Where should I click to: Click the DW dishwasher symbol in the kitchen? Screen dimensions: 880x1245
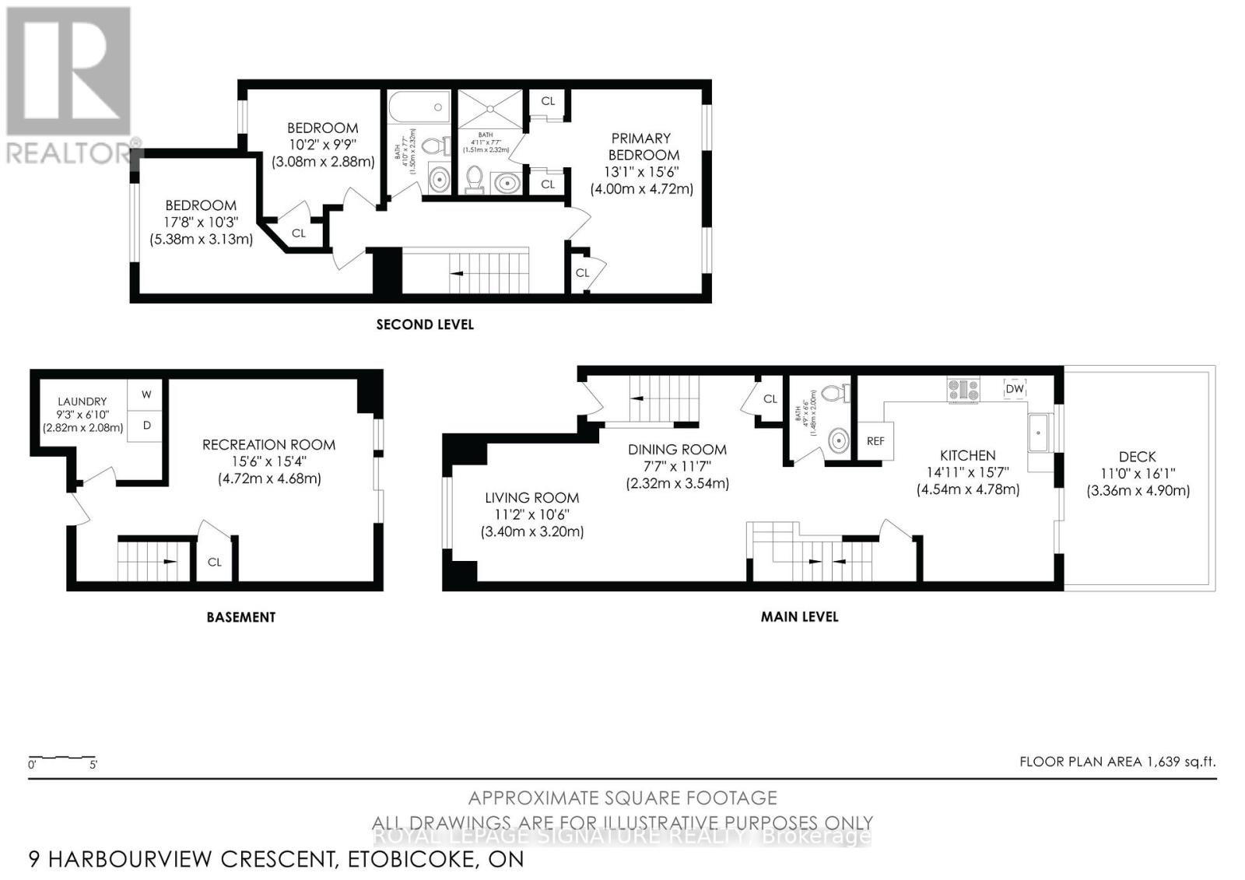click(x=1015, y=389)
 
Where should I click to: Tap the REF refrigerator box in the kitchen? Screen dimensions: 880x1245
click(x=875, y=441)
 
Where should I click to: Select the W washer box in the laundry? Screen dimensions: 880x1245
click(x=146, y=395)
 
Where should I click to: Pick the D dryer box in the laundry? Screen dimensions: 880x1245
click(x=146, y=426)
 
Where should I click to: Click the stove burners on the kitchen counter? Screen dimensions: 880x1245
click(x=963, y=389)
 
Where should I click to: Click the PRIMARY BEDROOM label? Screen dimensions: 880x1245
click(x=644, y=146)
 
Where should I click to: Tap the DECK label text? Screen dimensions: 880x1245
click(x=1137, y=457)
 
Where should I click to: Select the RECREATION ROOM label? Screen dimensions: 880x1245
click(x=268, y=444)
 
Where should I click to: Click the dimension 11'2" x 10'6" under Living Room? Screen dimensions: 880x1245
click(x=532, y=514)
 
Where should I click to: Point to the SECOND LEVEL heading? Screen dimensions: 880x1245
click(x=425, y=324)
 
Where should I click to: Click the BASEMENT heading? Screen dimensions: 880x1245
click(x=240, y=617)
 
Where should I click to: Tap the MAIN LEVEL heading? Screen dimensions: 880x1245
click(x=799, y=617)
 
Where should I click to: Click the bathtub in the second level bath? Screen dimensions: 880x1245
click(x=419, y=107)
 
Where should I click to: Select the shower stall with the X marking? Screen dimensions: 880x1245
click(x=490, y=108)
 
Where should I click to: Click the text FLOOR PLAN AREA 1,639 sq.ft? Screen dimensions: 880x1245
click(x=1117, y=762)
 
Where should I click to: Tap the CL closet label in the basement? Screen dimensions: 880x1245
click(x=214, y=562)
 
